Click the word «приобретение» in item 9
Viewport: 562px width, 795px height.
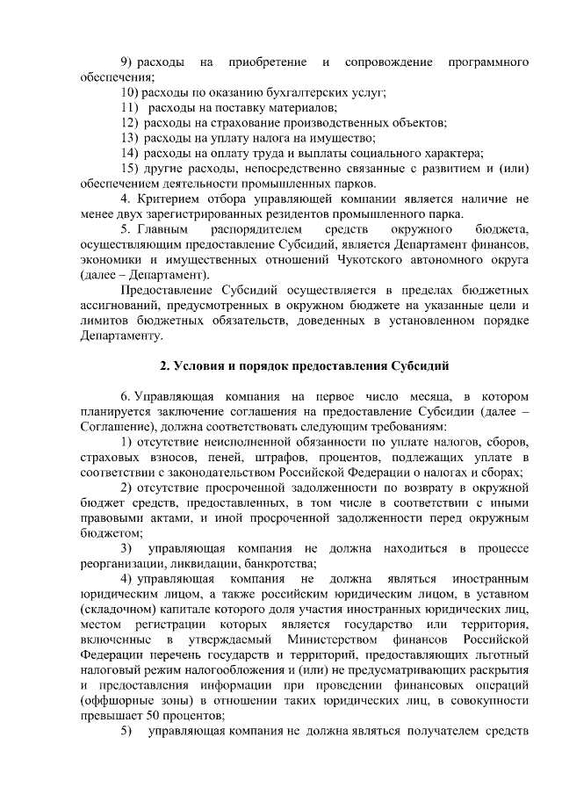point(267,62)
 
